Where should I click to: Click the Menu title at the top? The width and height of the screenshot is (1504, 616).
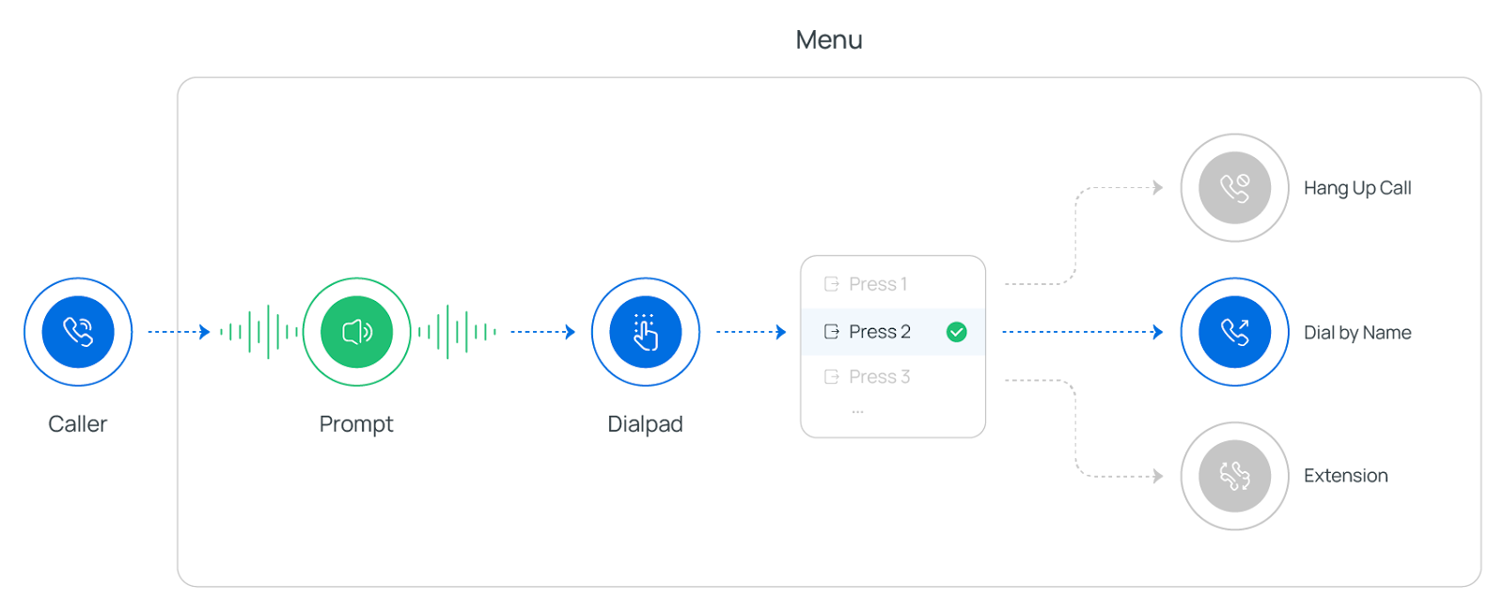[828, 39]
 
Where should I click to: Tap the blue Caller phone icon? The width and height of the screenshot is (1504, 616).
[78, 331]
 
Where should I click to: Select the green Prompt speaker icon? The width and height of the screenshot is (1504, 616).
[356, 331]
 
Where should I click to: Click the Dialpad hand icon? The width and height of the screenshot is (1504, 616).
[645, 331]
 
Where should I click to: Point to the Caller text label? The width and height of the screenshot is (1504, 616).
[78, 424]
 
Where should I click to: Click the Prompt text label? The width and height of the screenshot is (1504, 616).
[356, 424]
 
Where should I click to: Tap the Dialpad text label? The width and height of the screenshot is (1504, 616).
[645, 424]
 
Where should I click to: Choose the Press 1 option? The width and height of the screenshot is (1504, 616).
[877, 284]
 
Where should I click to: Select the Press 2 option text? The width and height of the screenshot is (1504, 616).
[879, 332]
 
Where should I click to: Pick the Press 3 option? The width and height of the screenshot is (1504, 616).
[879, 377]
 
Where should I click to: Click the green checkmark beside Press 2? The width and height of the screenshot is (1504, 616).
[957, 332]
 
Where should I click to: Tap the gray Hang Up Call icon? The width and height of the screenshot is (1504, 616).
[1234, 187]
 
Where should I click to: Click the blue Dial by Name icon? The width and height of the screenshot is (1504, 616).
[1234, 331]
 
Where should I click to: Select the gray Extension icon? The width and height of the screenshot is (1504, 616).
[1234, 476]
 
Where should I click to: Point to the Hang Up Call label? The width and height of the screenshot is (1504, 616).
[1357, 188]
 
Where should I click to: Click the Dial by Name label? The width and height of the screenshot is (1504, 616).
[1357, 333]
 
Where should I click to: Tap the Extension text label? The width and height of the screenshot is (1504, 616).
[1345, 476]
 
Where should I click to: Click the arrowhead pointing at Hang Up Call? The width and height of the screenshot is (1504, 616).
[1159, 187]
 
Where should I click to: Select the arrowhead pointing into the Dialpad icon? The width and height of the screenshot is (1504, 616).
[571, 331]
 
